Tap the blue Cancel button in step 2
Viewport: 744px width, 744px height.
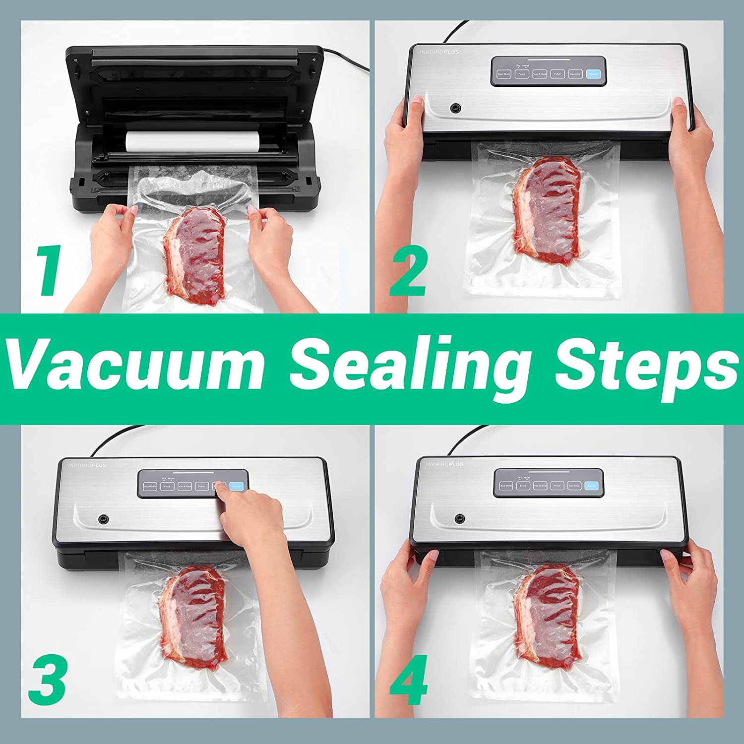click(x=593, y=74)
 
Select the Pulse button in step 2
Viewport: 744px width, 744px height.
click(x=557, y=74)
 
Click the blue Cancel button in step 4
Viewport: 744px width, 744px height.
click(x=591, y=486)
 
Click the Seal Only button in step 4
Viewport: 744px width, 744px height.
click(x=506, y=486)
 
